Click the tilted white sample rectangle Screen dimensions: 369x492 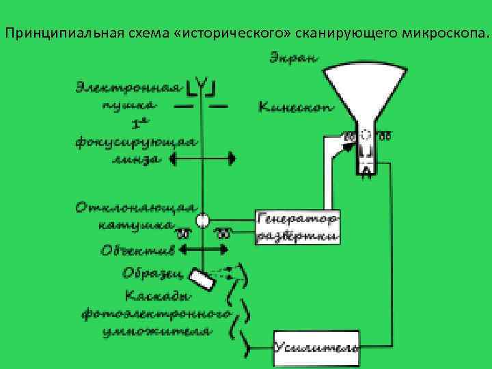click(202, 277)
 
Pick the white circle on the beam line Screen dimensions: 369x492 click(202, 221)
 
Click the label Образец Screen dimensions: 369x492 click(152, 273)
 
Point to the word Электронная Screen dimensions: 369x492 click(129, 87)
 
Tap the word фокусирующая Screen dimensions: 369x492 click(137, 142)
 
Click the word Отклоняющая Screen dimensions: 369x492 click(137, 206)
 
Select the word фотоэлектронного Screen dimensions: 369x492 click(155, 314)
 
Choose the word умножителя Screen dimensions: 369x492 click(155, 331)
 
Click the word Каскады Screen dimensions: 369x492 click(153, 296)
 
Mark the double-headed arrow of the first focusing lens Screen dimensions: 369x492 click(202, 159)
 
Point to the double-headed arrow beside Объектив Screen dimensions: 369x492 click(202, 250)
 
